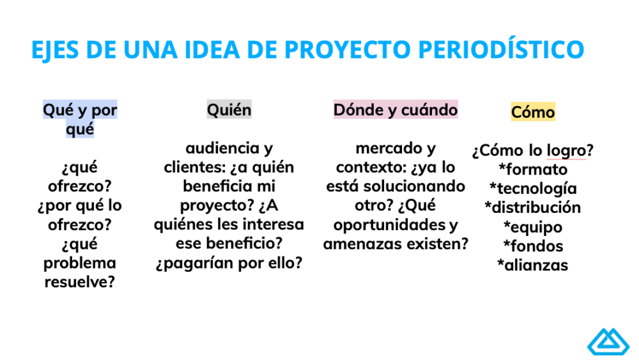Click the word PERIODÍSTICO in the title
(x=501, y=49)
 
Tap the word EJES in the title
(x=54, y=50)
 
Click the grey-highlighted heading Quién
(x=229, y=110)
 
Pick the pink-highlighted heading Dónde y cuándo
(x=396, y=110)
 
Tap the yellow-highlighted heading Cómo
(x=533, y=112)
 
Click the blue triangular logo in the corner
(x=608, y=341)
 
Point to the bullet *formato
(x=533, y=169)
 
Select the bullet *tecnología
(x=533, y=189)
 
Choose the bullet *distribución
(x=533, y=208)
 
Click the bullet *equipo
(x=533, y=227)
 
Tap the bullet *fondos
(x=533, y=246)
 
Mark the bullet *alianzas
(x=533, y=265)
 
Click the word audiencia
(x=222, y=148)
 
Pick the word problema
(x=80, y=263)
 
